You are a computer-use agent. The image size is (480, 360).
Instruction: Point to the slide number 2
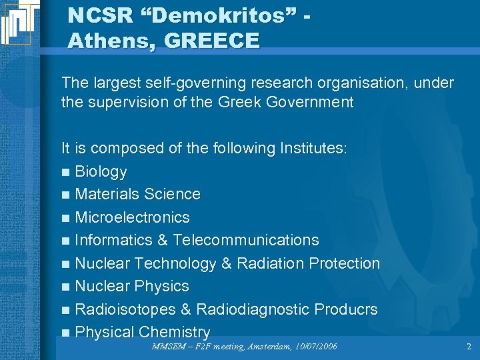coord(469,346)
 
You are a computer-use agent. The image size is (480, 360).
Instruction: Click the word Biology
coord(101,171)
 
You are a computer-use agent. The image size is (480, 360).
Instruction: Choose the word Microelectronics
coord(132,217)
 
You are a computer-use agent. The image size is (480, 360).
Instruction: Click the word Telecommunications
coord(245,240)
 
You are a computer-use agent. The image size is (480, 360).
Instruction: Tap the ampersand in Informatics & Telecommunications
coord(162,240)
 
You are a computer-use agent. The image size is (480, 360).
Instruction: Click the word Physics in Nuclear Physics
coord(161,286)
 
